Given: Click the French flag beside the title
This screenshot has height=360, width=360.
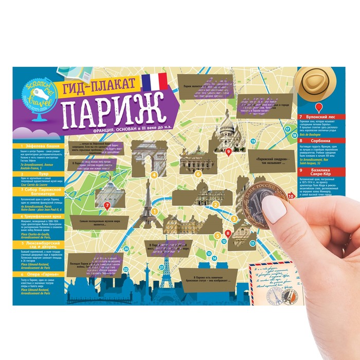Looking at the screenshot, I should coord(154,81).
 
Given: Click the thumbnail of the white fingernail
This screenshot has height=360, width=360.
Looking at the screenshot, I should coord(275,210).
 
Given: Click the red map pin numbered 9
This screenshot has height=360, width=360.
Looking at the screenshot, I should coord(229,152).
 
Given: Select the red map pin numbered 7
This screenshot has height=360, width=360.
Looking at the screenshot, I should coord(107,206).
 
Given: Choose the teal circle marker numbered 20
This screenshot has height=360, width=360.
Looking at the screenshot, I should coord(126,249).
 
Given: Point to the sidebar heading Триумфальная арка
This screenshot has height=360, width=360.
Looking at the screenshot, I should coord(42,217).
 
